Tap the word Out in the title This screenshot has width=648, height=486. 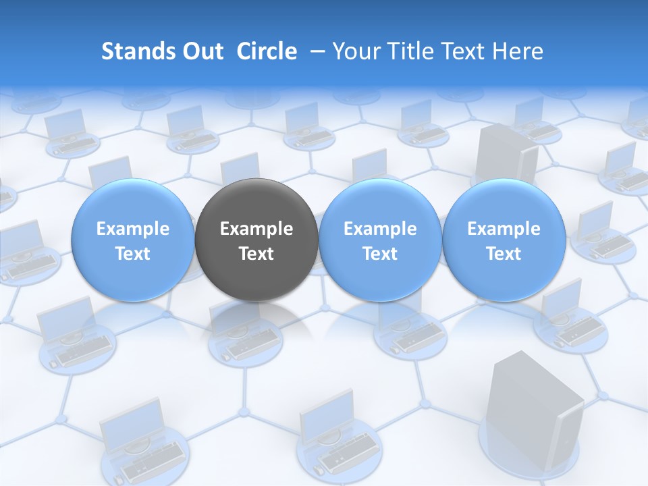[200, 51]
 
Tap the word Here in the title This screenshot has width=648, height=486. [517, 51]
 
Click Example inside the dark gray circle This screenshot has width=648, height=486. [256, 229]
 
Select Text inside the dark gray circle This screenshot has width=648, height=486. [256, 254]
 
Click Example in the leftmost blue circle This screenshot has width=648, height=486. [133, 229]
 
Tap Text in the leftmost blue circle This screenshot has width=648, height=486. [133, 254]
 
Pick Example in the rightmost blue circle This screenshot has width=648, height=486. [504, 229]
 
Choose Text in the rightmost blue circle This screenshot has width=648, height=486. [504, 254]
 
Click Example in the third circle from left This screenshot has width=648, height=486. [380, 229]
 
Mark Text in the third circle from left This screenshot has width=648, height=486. [380, 254]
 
